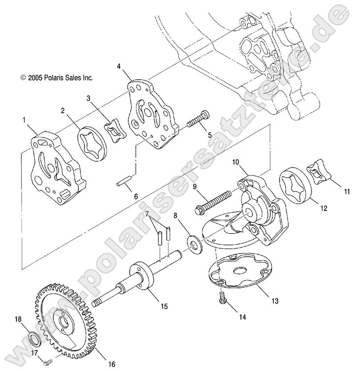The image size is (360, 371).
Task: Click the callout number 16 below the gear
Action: pyautogui.click(x=111, y=364)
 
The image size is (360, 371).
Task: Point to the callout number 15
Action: pyautogui.click(x=164, y=306)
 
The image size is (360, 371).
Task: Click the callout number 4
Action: pyautogui.click(x=119, y=66)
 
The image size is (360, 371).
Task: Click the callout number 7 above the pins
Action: pyautogui.click(x=146, y=214)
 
